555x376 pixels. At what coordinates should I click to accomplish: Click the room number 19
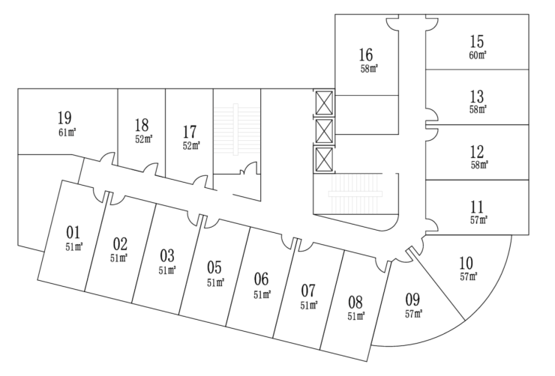pos(64,118)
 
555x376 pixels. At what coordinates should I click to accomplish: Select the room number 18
pos(142,125)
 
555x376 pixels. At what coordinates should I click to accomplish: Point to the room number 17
pos(190,133)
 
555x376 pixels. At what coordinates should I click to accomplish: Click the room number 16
pos(366,55)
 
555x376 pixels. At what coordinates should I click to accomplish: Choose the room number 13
pos(477,97)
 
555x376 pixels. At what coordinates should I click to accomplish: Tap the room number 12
pos(477,152)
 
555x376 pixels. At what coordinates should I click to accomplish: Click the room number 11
pos(477,207)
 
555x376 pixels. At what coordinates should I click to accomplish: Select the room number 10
pos(466,263)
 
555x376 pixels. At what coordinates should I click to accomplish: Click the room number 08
pos(355,303)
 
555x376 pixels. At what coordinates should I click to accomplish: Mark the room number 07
pos(308,291)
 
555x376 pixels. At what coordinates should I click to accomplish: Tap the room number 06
pos(261,279)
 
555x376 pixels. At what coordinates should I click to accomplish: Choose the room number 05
pos(214,267)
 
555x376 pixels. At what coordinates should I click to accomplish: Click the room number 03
pos(167,255)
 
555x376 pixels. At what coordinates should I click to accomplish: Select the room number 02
pos(120,243)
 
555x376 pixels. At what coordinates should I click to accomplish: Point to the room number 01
pos(73,232)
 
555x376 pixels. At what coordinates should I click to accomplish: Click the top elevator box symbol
pos(323,101)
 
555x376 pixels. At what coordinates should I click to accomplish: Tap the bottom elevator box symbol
pos(323,159)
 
